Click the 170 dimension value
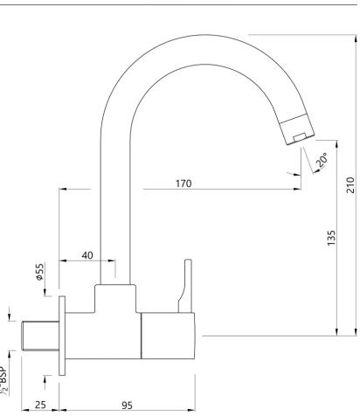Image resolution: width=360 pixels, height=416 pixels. coord(183,184)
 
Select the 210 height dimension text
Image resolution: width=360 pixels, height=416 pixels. coord(351,185)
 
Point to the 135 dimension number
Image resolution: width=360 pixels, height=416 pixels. coord(331,238)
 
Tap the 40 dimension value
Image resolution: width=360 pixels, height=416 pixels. coord(87,255)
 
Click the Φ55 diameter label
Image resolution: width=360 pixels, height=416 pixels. coord(39,272)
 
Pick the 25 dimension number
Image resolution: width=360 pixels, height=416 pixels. coord(40,405)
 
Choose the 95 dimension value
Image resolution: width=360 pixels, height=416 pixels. coord(127,406)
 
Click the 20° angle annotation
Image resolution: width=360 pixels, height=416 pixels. coord(322,160)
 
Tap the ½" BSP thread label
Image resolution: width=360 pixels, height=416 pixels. coord(3,380)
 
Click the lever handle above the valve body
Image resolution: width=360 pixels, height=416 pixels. coord(186,286)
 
